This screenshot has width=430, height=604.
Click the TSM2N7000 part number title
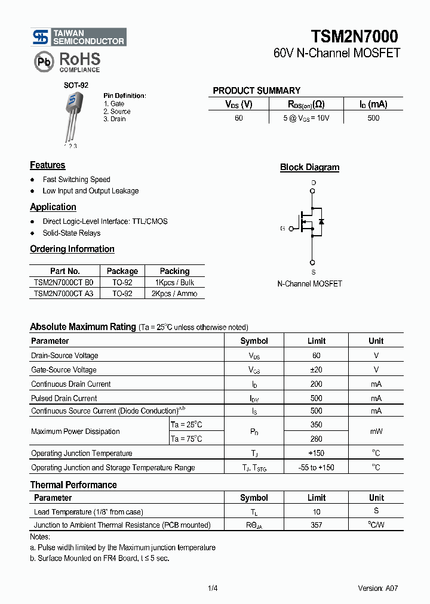[x=354, y=36]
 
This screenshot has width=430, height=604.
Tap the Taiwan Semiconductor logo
[x=79, y=37]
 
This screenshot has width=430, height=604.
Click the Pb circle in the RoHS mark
[x=43, y=61]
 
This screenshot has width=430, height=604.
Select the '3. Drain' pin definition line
[x=115, y=119]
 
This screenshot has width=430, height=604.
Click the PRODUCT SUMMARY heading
[x=256, y=91]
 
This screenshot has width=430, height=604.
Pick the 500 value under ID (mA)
[x=373, y=118]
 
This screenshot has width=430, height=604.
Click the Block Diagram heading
[x=309, y=168]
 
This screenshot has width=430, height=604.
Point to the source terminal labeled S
[x=313, y=261]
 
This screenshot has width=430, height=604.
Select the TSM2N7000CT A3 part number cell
[x=64, y=294]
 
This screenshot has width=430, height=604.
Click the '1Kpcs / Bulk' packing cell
[x=174, y=282]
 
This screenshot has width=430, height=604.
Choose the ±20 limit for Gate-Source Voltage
[x=316, y=370]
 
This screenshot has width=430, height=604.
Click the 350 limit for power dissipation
[x=316, y=425]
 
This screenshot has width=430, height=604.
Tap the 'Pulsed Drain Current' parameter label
[x=64, y=398]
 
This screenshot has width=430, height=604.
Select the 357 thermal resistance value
[x=316, y=525]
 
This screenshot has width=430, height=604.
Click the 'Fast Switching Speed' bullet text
[x=76, y=180]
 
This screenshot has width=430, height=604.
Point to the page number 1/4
[x=213, y=588]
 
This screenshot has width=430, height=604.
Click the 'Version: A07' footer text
[x=377, y=588]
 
